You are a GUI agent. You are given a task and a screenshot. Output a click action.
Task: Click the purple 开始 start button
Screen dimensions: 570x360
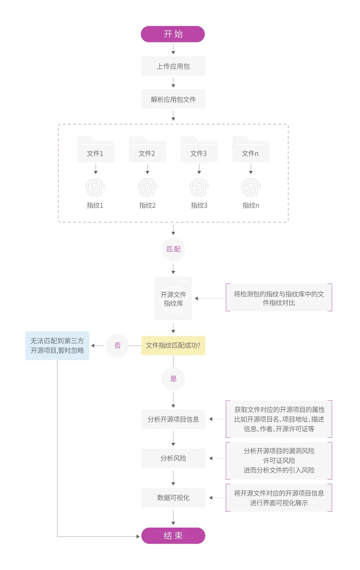173,34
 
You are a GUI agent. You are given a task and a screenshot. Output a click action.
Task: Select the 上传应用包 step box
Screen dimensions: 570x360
173,66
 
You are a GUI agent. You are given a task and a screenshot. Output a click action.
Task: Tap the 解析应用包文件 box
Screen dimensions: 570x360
173,99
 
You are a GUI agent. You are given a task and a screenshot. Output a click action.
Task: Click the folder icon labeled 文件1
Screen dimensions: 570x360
96,150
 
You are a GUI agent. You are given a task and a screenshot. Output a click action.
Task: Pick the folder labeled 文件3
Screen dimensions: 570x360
199,150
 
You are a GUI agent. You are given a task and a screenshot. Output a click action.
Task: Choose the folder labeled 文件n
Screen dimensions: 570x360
251,150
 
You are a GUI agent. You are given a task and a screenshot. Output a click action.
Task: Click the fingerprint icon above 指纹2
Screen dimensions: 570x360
147,188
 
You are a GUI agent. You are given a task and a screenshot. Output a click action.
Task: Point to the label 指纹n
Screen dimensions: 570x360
251,205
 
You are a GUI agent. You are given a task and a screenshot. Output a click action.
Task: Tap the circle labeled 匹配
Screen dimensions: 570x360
173,249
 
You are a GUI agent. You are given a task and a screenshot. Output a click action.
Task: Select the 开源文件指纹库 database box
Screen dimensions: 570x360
173,298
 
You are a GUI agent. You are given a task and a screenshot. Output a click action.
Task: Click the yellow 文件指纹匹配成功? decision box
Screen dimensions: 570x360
173,346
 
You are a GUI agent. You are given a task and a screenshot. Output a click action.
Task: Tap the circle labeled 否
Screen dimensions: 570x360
117,346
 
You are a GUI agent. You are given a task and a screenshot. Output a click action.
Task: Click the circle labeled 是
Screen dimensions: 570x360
173,379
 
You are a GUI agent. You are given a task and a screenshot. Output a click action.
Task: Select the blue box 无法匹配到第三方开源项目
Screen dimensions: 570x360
57,346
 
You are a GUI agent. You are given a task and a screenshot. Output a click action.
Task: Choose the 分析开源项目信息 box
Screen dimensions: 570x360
173,419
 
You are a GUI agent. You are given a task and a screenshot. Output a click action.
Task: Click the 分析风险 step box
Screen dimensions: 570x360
173,458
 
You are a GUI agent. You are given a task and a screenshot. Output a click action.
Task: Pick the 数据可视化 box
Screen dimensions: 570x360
173,498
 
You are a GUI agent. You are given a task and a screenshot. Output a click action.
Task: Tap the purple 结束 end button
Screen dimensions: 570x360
173,536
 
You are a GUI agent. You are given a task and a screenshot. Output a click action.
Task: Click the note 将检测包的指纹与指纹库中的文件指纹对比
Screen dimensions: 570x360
279,298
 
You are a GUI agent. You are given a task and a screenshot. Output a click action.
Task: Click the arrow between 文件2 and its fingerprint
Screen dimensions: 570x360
147,169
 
